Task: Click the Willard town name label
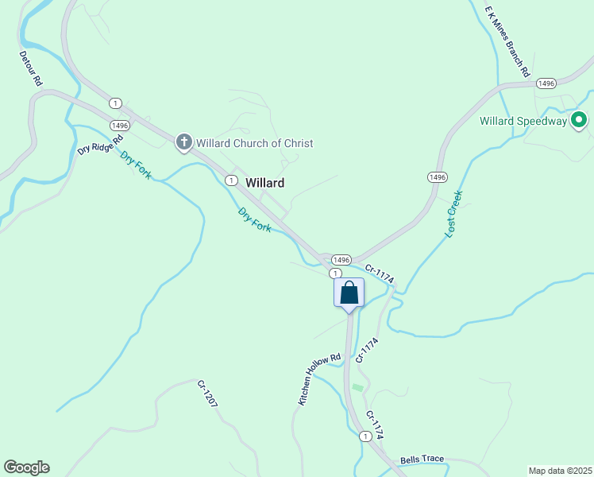coord(264,183)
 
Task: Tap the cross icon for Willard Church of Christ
coord(183,143)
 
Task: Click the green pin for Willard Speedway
coord(579,121)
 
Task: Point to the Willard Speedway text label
coord(523,122)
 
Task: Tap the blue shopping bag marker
coord(349,293)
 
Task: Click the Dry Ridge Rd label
coord(100,144)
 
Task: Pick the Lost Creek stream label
coord(453,213)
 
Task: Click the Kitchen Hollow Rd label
coord(319,379)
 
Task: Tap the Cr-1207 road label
coord(207,394)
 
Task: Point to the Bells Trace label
coord(422,460)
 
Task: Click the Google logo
coord(26,467)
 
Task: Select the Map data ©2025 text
coord(559,470)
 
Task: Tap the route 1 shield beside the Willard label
coord(230,180)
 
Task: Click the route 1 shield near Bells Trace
coord(364,436)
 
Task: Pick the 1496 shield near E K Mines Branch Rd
coord(546,83)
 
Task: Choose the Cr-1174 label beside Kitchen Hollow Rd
coord(366,350)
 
